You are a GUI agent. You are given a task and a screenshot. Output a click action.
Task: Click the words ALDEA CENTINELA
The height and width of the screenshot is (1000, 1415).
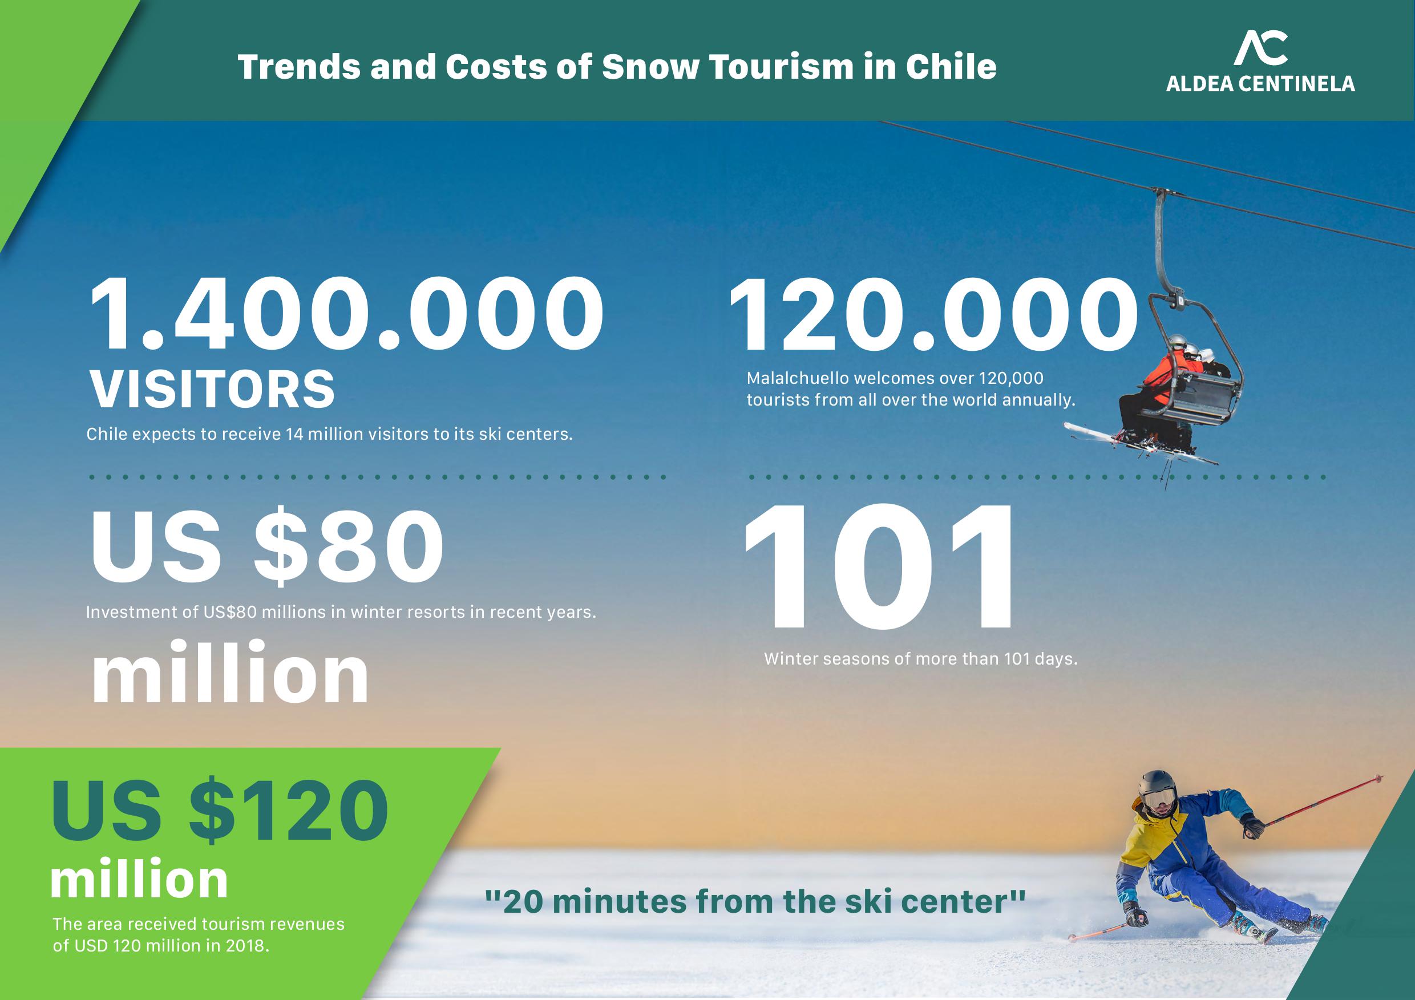[x=1260, y=84]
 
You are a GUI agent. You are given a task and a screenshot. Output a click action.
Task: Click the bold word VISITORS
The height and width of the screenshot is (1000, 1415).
[x=213, y=390]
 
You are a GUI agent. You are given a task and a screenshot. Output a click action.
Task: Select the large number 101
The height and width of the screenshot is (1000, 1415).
[x=879, y=567]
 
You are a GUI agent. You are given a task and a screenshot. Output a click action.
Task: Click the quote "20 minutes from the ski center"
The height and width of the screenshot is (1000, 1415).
[x=755, y=901]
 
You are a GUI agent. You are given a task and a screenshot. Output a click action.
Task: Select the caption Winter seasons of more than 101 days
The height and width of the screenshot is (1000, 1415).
[x=921, y=659]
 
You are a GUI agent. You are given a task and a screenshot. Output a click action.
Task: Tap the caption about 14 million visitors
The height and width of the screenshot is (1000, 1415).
[x=330, y=434]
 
